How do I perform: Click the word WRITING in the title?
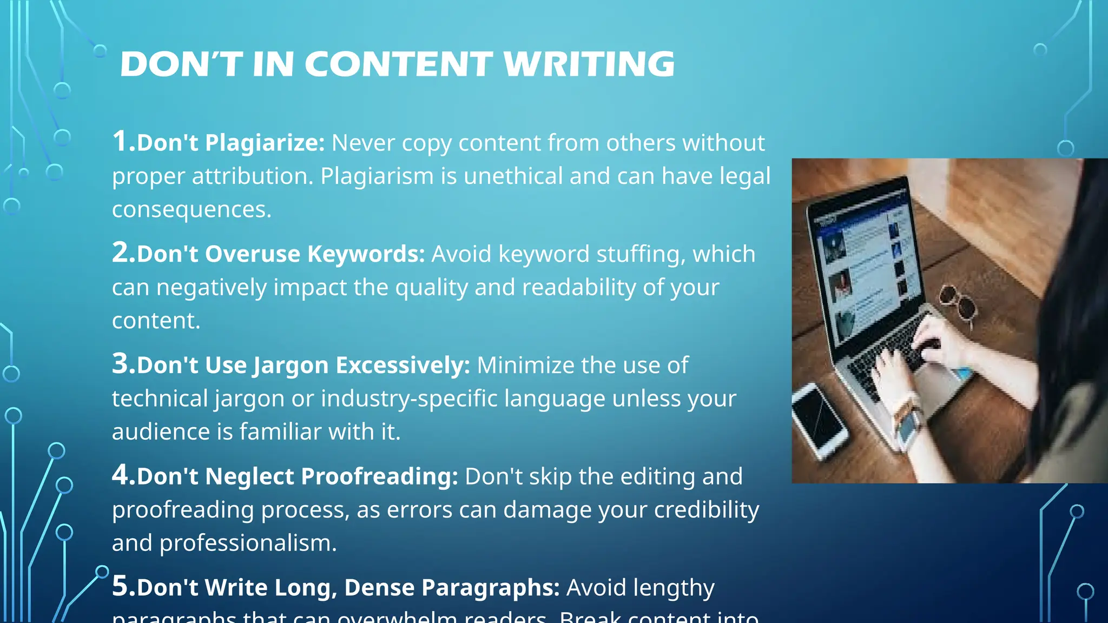point(589,64)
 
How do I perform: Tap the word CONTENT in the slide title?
point(399,64)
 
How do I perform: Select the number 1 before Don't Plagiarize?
point(120,142)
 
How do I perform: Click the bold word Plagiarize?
point(265,143)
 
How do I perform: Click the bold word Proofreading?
point(379,476)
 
